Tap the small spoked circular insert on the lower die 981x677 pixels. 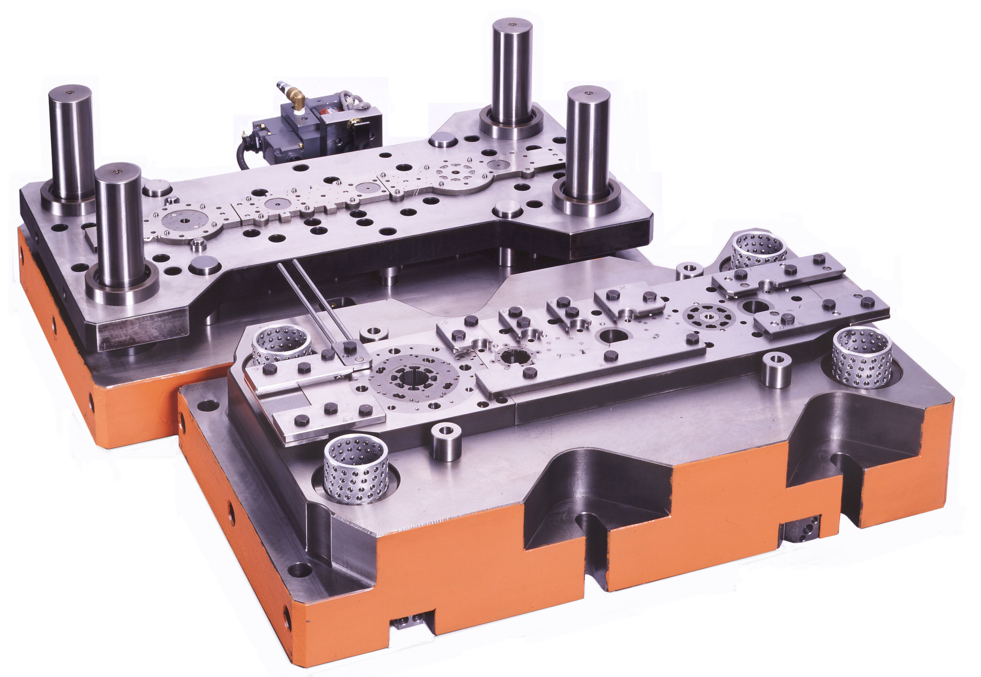(709, 316)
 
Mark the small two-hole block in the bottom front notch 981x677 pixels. (407, 623)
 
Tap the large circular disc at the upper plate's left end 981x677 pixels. (185, 222)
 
